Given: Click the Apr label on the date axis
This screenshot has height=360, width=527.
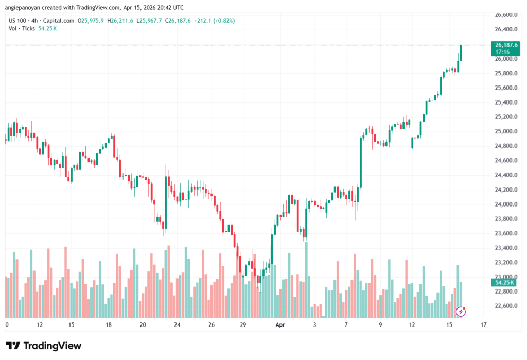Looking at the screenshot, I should tap(279, 325).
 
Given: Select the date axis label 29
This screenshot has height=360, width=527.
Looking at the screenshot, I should tap(243, 325).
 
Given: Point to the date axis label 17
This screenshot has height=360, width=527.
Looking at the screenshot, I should tap(483, 325).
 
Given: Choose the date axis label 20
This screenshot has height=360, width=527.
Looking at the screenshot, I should tap(143, 325).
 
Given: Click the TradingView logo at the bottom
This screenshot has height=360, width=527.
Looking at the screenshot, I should tap(43, 346).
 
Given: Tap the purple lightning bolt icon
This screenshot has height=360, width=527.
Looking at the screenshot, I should tap(462, 311).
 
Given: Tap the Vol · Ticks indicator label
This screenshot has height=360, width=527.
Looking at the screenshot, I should tap(22, 28).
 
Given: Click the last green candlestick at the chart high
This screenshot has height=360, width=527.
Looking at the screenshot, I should tap(461, 53).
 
